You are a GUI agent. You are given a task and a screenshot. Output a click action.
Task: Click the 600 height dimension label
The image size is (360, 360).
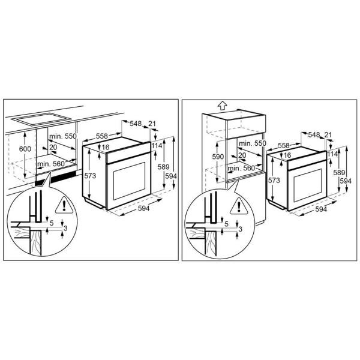tap(25, 149)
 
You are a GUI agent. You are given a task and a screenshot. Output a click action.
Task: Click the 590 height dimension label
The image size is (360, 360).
tap(218, 157)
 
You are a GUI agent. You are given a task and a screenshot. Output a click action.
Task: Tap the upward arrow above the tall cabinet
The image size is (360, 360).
tap(223, 106)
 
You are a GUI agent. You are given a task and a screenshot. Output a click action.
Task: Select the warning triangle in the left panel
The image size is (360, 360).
tap(64, 206)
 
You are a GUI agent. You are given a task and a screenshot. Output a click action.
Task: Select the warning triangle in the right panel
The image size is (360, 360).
tap(239, 206)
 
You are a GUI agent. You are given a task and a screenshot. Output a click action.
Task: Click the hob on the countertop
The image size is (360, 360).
tap(41, 119)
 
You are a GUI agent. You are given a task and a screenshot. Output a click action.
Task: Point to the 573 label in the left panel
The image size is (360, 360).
tap(90, 176)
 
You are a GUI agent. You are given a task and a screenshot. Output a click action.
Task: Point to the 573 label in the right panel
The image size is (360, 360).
tap(274, 180)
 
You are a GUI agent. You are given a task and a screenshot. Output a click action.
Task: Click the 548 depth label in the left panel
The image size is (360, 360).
tap(136, 124)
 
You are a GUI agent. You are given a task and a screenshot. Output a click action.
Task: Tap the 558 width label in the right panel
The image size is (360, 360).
tap(284, 145)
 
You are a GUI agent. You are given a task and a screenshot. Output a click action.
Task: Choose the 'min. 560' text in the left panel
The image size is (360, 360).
tap(51, 164)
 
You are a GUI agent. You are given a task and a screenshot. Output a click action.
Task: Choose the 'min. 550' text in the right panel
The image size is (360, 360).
tap(253, 143)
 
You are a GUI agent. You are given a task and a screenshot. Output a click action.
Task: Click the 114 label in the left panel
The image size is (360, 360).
tap(157, 146)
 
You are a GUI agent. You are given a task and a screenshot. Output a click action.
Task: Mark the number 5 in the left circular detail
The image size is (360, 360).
tap(52, 223)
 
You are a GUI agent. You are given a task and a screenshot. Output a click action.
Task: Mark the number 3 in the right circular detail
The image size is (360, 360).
tap(241, 229)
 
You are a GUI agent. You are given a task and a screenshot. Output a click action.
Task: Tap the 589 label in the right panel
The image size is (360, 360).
tap(339, 172)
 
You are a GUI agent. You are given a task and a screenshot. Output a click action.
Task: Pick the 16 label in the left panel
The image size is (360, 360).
tap(106, 147)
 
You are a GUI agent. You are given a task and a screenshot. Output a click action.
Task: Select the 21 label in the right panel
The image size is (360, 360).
tap(328, 135)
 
